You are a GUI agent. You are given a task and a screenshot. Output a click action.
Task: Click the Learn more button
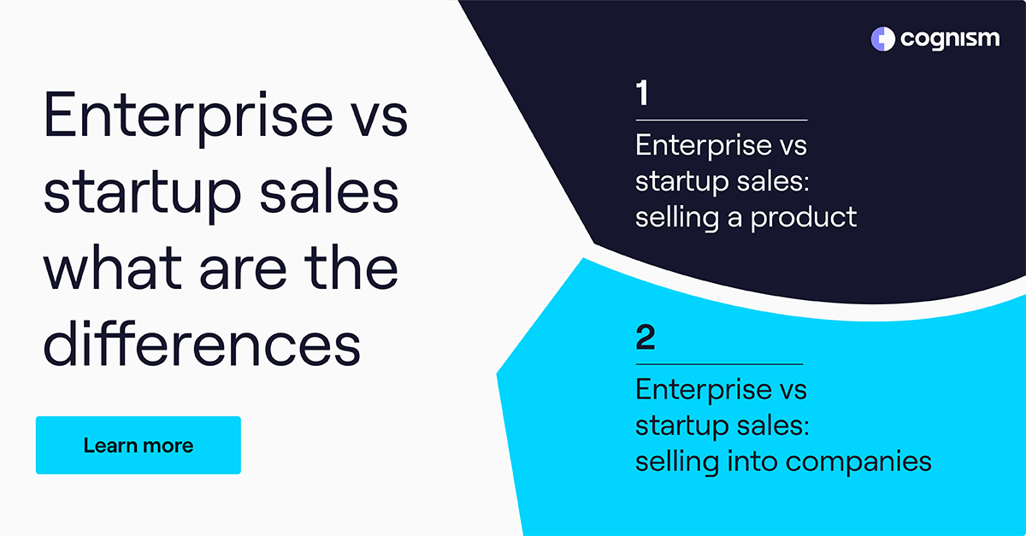[x=138, y=445]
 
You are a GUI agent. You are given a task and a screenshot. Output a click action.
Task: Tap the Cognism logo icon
[x=882, y=38]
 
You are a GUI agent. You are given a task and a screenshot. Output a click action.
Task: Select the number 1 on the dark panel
[x=642, y=94]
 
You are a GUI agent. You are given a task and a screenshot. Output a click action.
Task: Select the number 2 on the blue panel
[x=646, y=339]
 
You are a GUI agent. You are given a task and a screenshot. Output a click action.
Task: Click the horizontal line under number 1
[x=721, y=121]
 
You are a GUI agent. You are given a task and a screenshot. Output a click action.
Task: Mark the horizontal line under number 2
[x=719, y=364]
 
